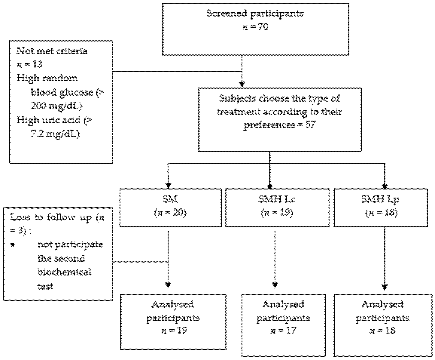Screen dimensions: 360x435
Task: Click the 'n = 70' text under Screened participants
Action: [255, 27]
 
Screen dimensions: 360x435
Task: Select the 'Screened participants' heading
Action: [255, 14]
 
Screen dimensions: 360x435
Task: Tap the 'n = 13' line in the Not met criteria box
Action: [29, 64]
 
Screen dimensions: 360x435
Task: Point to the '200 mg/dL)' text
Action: [56, 106]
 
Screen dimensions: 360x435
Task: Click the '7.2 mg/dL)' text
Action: [55, 134]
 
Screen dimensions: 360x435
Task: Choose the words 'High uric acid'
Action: [49, 120]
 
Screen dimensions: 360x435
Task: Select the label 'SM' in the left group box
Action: [170, 199]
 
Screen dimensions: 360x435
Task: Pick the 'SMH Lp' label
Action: [381, 199]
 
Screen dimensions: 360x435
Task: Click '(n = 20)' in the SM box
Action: [170, 213]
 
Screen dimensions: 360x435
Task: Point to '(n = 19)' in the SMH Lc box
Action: [277, 213]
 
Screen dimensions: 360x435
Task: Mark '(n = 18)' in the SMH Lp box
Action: [382, 213]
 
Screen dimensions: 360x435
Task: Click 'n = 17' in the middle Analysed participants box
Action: [283, 331]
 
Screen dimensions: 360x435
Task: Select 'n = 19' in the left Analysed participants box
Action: [174, 331]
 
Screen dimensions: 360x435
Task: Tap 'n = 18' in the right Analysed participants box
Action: [382, 331]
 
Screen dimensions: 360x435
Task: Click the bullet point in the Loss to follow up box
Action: [12, 245]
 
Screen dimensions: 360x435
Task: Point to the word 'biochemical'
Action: [64, 272]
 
